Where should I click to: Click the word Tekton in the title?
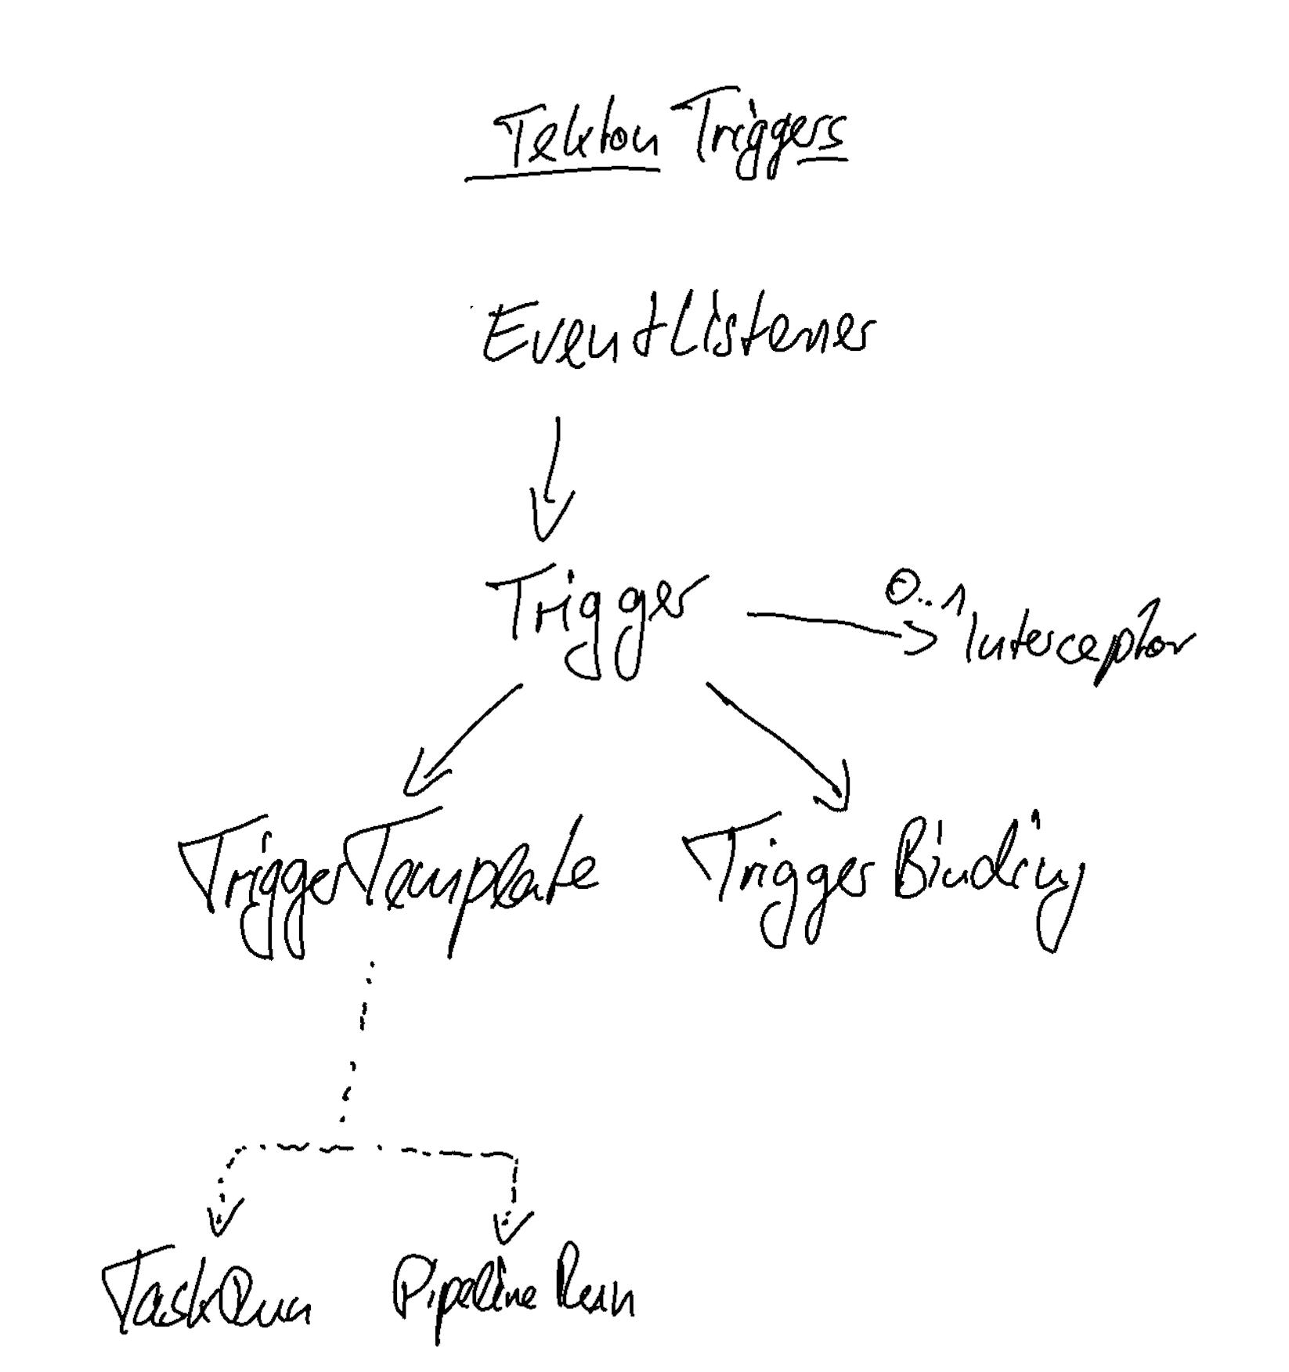[x=580, y=142]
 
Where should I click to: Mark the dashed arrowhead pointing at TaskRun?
[x=222, y=1218]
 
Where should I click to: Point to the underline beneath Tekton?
[x=562, y=173]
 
